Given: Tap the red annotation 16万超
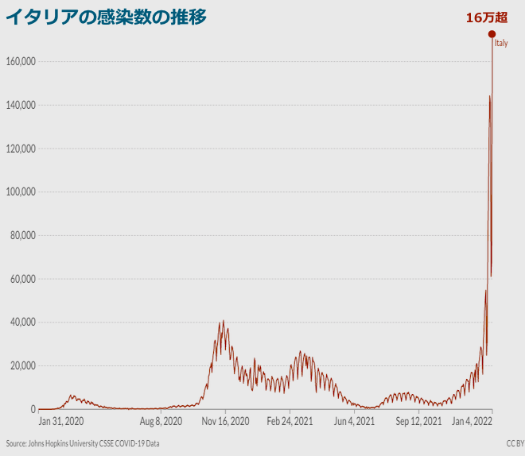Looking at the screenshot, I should tap(487, 17).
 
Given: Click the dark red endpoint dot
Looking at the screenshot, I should tap(492, 33).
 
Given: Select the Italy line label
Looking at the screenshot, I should tap(501, 44).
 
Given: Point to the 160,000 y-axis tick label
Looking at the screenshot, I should tap(17, 62).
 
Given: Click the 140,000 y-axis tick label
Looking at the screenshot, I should tap(17, 105).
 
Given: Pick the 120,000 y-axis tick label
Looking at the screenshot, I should tap(17, 149).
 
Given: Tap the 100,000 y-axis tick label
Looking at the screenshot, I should tap(17, 192).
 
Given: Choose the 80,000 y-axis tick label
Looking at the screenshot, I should tap(20, 235).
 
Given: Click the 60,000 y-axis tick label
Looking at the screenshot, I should tap(20, 279).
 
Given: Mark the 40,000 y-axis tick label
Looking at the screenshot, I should tap(20, 323).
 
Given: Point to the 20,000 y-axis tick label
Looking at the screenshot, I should tap(20, 365).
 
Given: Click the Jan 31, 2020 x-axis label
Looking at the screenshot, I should tap(61, 421).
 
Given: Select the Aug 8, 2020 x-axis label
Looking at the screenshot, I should tap(161, 421).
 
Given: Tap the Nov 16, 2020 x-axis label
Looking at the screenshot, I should tap(225, 421).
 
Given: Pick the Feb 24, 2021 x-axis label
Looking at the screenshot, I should tap(290, 421).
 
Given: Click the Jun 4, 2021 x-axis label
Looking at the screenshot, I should tap(354, 421).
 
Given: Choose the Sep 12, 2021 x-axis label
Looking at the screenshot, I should tap(418, 421).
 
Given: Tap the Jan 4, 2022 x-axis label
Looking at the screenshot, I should tap(472, 421).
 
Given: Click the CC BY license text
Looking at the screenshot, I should tap(515, 443).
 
